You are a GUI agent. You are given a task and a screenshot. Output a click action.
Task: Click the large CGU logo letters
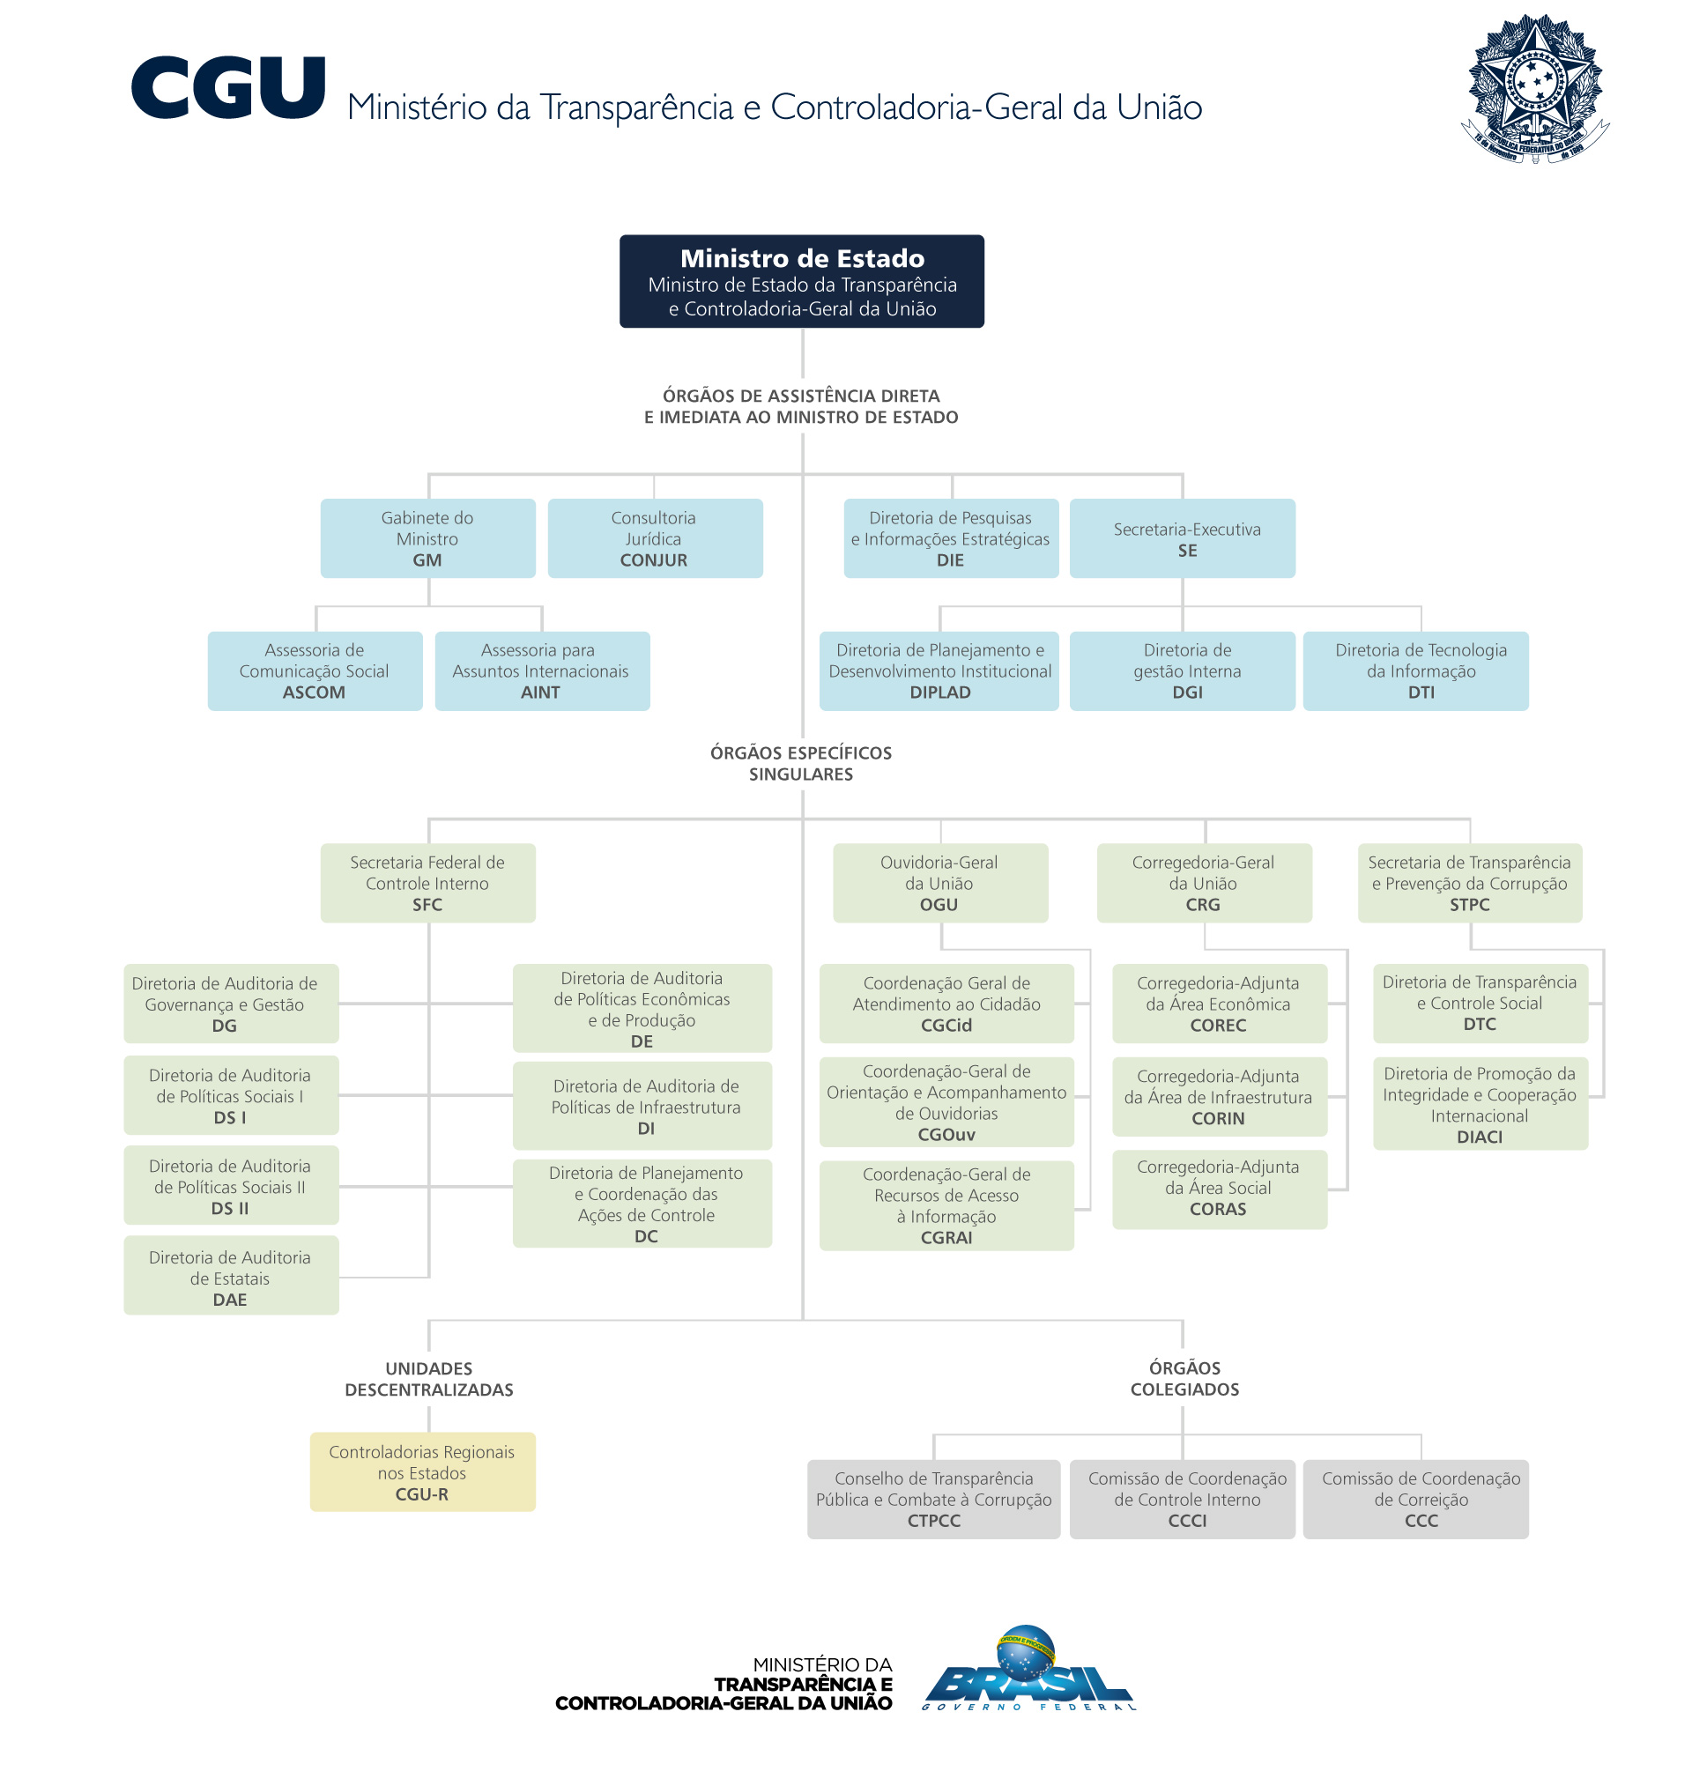pos(227,87)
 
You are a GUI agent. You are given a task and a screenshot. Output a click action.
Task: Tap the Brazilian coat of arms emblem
pos(1534,88)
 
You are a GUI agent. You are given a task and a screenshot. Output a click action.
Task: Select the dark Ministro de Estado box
pos(801,281)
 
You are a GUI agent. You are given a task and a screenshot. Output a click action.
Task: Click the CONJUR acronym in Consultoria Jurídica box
pos(653,560)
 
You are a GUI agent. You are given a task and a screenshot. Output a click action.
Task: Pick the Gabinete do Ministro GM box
pos(427,538)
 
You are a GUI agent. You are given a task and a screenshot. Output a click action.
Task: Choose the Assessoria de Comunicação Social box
pos(315,671)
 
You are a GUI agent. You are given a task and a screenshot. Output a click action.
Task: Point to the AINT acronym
pos(540,693)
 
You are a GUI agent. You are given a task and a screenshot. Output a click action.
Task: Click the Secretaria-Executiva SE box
pos(1182,538)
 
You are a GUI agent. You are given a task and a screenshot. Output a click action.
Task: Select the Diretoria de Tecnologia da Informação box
pos(1415,671)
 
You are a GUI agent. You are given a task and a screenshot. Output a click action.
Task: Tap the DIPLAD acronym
pos(939,693)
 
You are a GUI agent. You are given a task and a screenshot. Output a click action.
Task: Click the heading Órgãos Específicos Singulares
pos(801,763)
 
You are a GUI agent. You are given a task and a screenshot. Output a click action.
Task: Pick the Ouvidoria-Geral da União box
pos(939,883)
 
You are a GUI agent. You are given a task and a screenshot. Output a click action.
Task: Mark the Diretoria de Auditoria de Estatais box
pos(231,1275)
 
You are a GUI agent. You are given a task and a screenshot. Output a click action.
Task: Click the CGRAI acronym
pos(946,1238)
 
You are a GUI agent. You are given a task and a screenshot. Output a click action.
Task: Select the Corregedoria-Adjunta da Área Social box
pos(1220,1189)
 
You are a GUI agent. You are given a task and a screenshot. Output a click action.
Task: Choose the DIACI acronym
pos(1479,1137)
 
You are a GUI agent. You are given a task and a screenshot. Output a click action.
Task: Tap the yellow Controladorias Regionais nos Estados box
pos(422,1471)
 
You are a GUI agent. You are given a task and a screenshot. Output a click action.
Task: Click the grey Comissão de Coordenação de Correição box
pos(1415,1499)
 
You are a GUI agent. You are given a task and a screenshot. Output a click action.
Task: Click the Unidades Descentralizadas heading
pos(429,1379)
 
